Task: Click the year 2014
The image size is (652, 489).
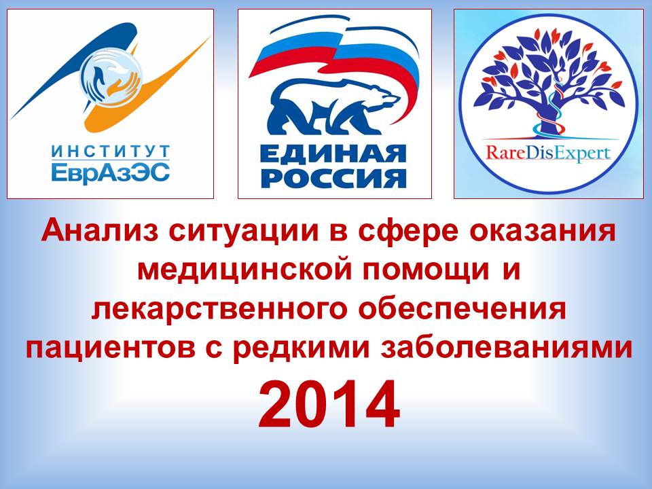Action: [329, 405]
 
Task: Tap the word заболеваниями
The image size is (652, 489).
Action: [506, 347]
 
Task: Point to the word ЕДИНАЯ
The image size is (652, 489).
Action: [333, 154]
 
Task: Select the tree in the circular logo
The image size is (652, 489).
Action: [549, 83]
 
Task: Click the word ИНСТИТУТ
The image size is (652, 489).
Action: [111, 151]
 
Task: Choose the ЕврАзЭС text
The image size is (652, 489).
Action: [110, 172]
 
